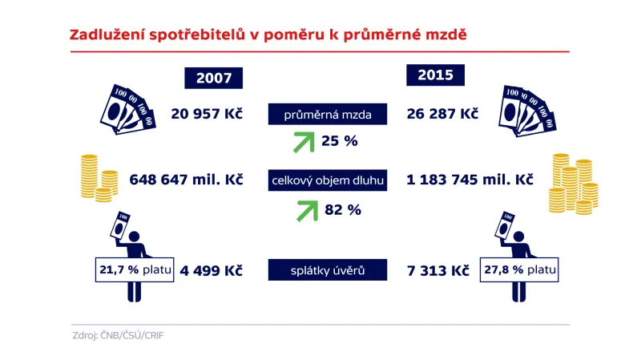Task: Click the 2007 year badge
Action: pos(213,78)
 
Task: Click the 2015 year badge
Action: pos(435,75)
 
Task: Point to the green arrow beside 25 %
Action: pos(303,142)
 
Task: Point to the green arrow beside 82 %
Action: pos(303,210)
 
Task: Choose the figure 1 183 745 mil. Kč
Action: pos(471,180)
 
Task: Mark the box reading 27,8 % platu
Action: pos(518,271)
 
